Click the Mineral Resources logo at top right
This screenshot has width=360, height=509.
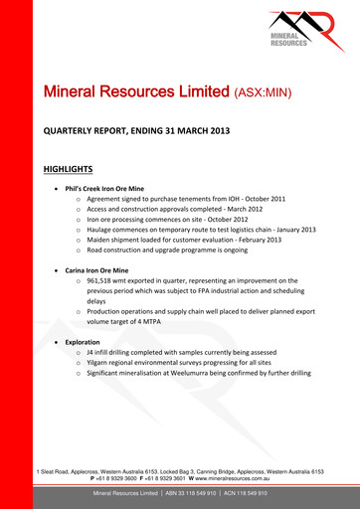click(302, 32)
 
